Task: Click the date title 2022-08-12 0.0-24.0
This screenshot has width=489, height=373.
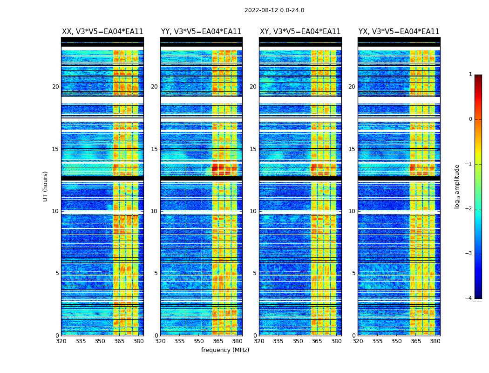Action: point(274,10)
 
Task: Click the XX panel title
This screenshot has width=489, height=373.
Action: point(102,32)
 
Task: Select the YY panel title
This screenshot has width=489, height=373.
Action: point(201,32)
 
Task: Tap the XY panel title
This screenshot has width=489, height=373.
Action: point(300,32)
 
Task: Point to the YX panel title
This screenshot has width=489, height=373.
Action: point(399,32)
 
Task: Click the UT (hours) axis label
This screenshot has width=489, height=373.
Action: point(46,186)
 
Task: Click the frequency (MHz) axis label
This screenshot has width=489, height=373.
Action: point(225,350)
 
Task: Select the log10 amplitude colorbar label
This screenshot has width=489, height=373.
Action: point(457,186)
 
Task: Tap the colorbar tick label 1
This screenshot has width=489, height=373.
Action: point(470,75)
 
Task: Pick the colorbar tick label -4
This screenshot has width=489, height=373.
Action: point(469,298)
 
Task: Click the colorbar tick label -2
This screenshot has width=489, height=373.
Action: point(469,209)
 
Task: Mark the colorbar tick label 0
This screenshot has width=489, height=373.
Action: point(470,119)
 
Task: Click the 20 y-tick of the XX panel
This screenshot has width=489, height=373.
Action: point(55,87)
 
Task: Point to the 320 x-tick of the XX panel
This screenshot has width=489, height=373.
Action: point(61,341)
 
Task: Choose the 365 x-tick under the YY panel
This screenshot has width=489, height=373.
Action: point(218,341)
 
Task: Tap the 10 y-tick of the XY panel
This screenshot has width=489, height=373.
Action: point(253,211)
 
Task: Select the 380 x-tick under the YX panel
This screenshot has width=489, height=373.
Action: point(435,341)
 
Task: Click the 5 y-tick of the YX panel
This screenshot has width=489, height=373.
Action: point(353,273)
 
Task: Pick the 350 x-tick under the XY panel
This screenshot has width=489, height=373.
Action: point(298,341)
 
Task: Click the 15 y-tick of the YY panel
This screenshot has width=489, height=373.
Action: point(154,149)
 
